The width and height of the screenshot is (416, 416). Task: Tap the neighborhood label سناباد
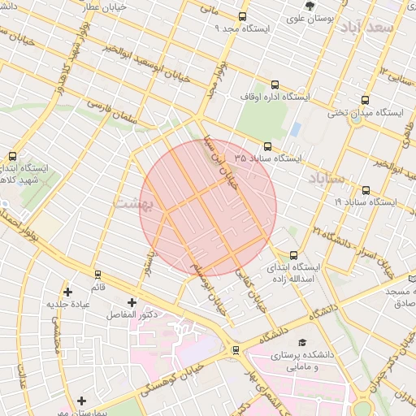click(x=327, y=178)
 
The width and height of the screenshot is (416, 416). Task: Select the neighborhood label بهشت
click(x=132, y=203)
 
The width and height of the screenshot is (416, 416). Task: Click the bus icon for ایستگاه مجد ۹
click(x=242, y=17)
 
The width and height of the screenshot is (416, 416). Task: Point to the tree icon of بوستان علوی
click(x=310, y=6)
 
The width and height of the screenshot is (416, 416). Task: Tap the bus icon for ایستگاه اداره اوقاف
click(x=274, y=84)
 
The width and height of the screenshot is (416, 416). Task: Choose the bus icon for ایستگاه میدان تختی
click(x=365, y=102)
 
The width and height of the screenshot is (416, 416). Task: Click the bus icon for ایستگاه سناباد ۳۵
click(x=268, y=146)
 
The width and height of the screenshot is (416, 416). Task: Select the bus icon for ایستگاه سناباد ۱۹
click(x=366, y=191)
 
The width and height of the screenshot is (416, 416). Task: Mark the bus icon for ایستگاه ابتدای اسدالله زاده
click(x=293, y=255)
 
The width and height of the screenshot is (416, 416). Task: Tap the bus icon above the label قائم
click(x=97, y=275)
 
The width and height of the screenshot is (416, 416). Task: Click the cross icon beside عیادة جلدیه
click(x=67, y=292)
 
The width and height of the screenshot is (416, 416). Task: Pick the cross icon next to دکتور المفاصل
click(x=131, y=302)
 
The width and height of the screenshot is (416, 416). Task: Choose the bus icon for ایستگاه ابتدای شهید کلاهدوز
click(x=12, y=156)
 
